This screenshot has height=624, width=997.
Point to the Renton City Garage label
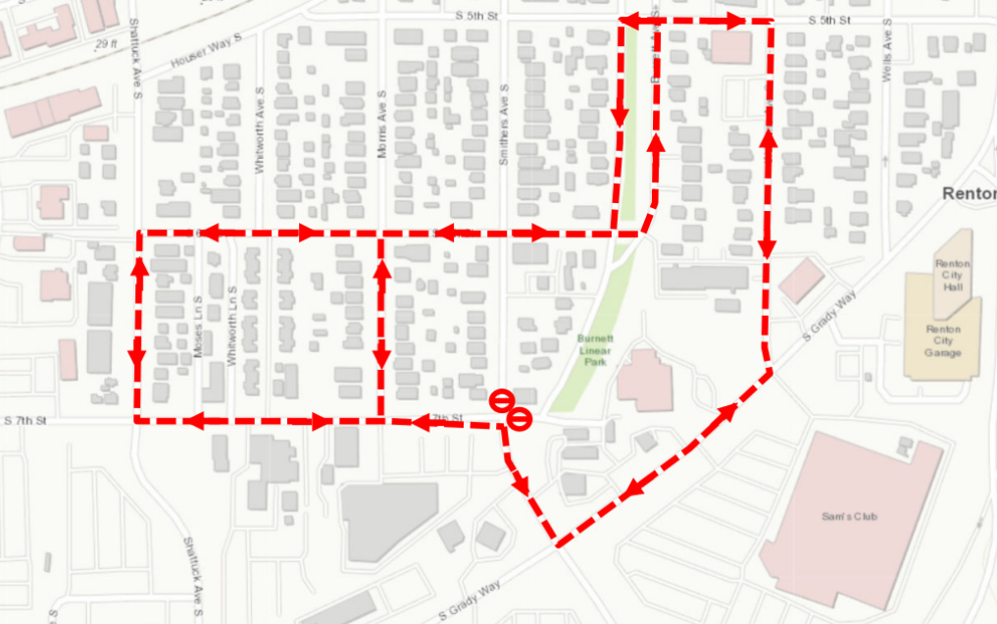click(942, 340)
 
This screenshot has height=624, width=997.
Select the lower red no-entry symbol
click(520, 419)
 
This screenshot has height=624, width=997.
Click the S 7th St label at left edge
click(26, 421)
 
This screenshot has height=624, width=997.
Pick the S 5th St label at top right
click(829, 20)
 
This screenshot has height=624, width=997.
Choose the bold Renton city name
click(969, 193)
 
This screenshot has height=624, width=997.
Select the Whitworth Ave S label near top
click(261, 143)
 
